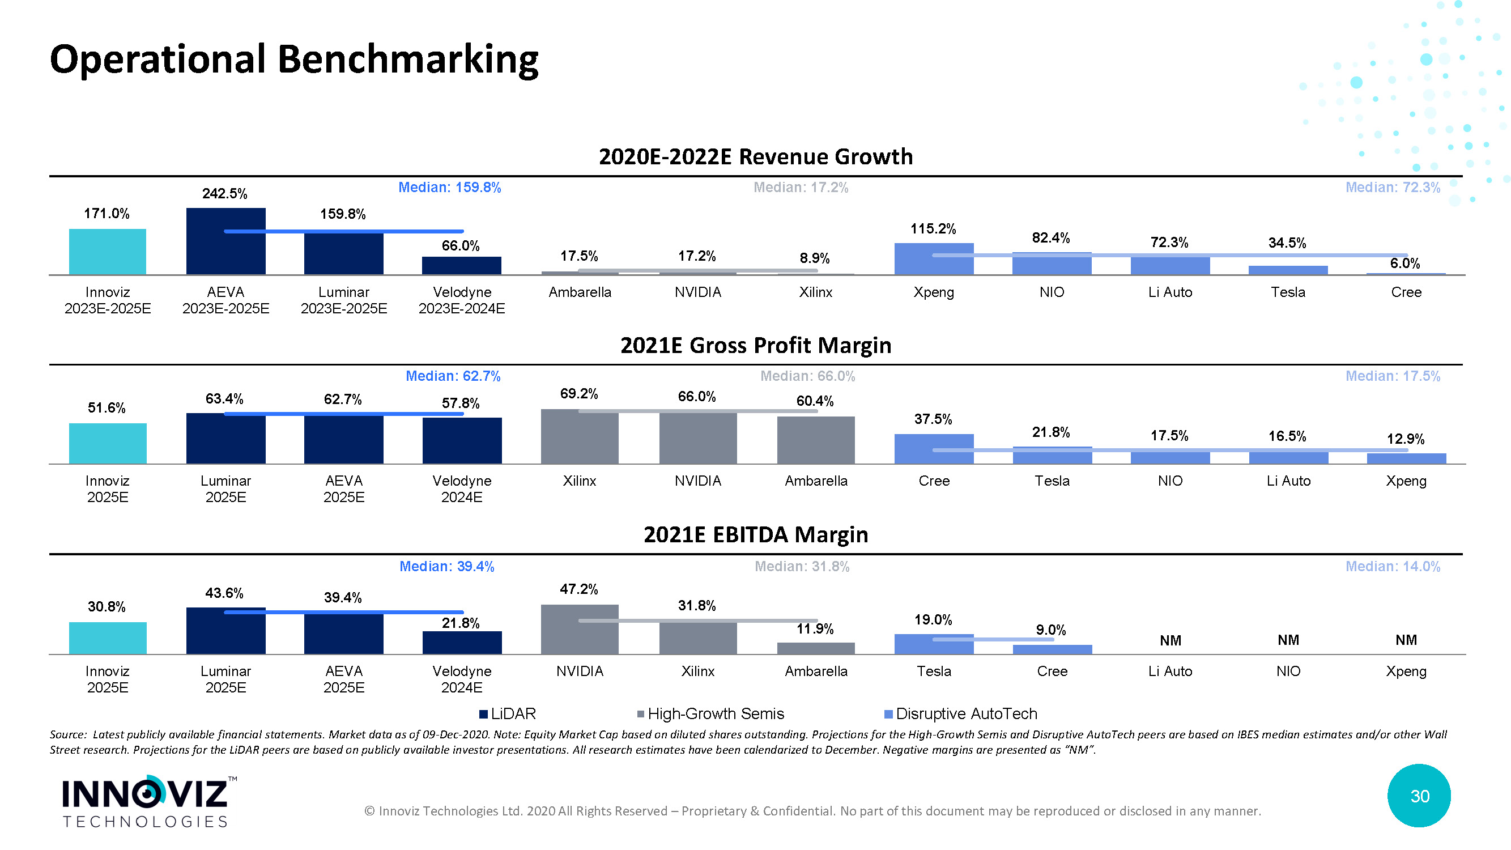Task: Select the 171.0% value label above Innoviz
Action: (107, 214)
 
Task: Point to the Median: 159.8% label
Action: (449, 188)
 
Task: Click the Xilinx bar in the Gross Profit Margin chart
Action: (580, 437)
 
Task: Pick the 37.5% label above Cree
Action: (933, 419)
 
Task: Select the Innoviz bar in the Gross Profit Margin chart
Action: (108, 444)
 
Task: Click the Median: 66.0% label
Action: (808, 376)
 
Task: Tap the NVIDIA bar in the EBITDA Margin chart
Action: (580, 630)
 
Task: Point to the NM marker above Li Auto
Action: (1170, 640)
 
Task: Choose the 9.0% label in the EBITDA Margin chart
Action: (1051, 630)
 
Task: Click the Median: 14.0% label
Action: (1393, 567)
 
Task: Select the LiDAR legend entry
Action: (508, 714)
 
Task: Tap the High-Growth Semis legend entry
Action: (711, 714)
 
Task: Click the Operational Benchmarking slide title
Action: (295, 60)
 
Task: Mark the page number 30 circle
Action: (1419, 796)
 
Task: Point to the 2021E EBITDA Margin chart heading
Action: (756, 535)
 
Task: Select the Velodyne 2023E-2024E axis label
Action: (462, 300)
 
